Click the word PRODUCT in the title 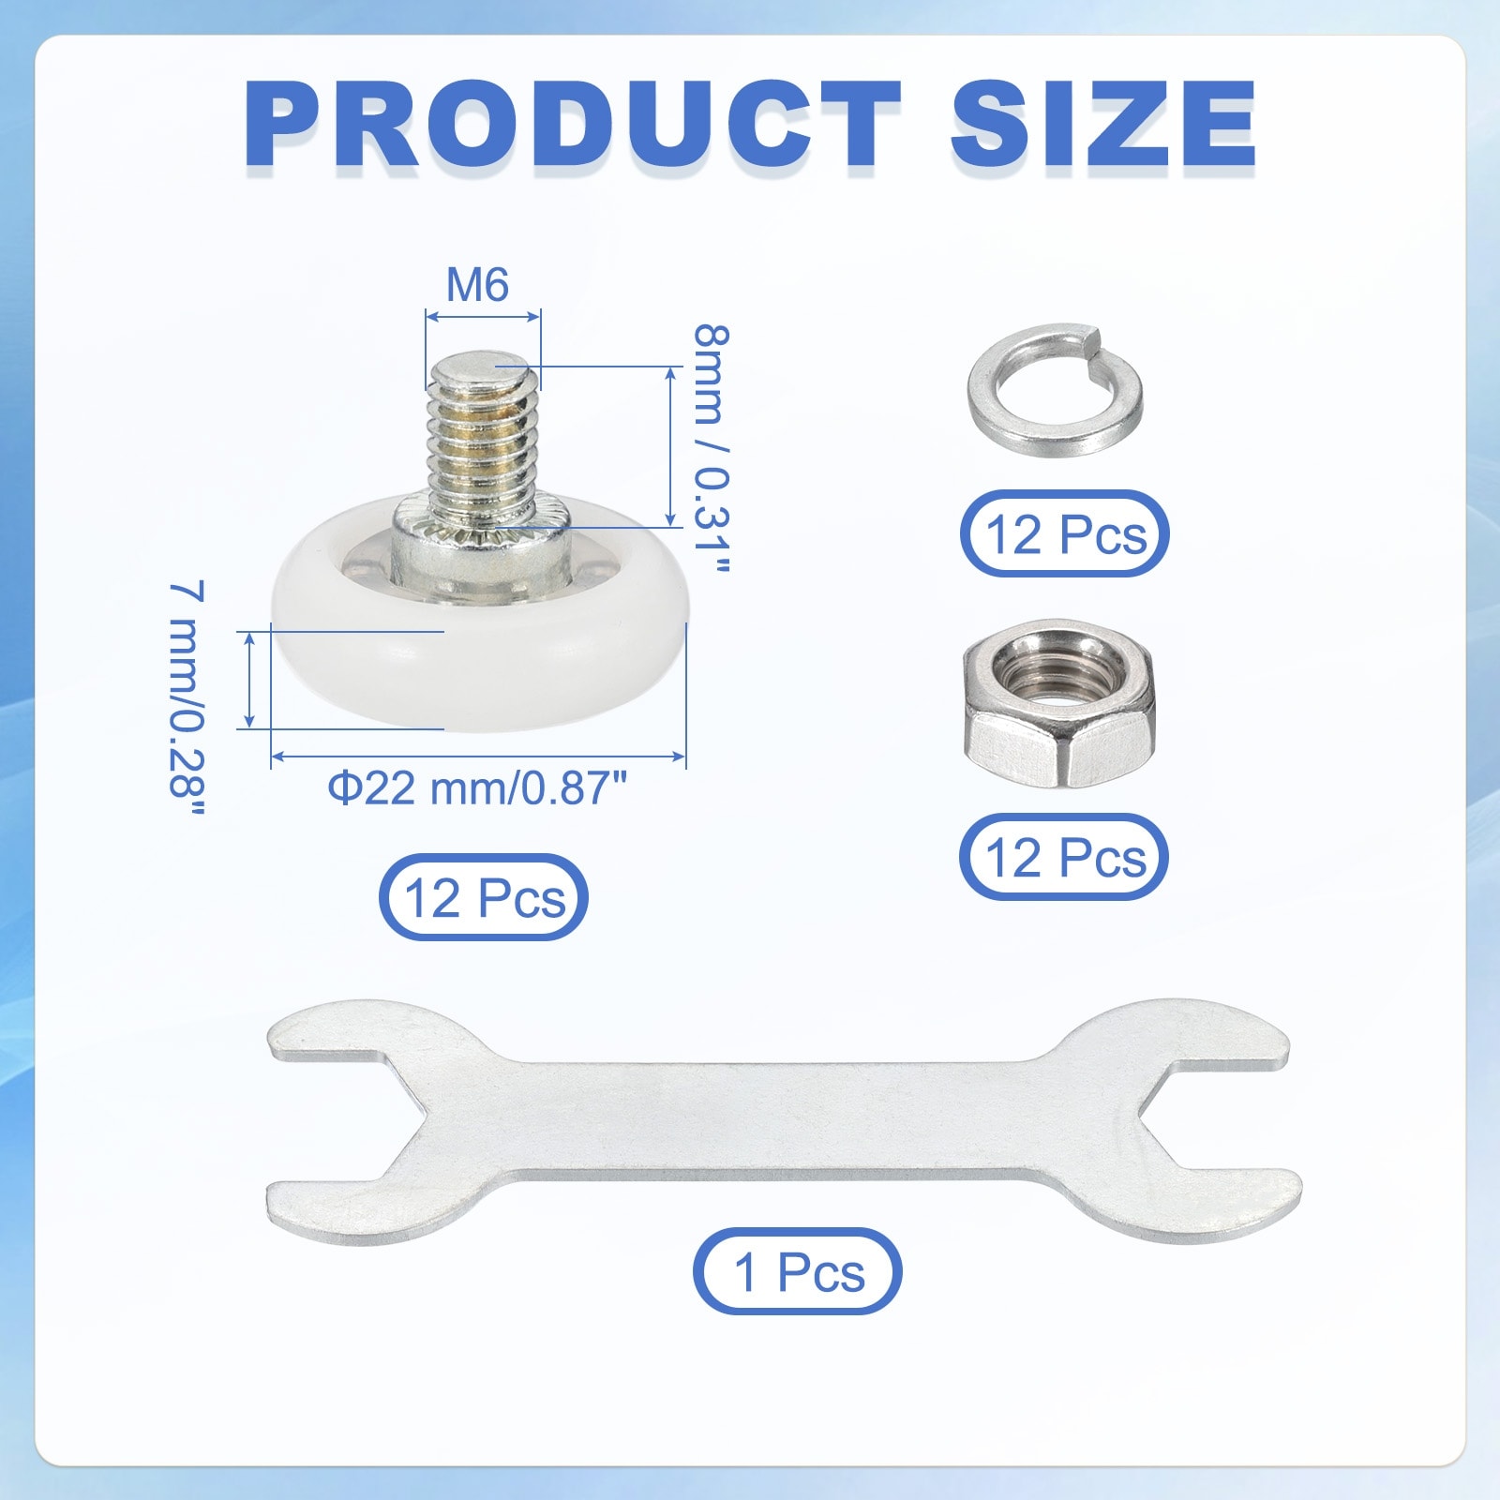pos(573,124)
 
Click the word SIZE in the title pos(1103,124)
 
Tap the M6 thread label pos(477,285)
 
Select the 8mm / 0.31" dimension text pos(711,449)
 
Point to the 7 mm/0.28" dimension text pos(187,697)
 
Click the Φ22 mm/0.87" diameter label pos(477,787)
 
